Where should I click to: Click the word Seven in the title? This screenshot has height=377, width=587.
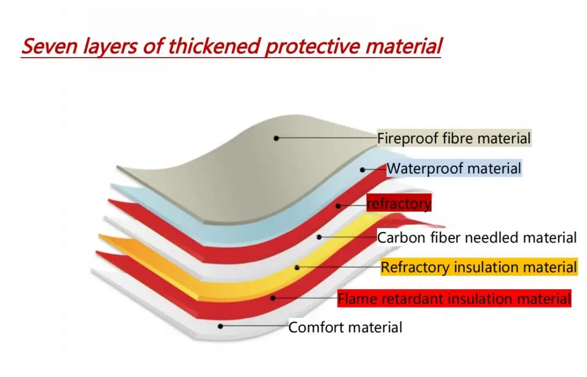[x=50, y=46]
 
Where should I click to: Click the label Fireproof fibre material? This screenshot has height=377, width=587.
[x=454, y=138]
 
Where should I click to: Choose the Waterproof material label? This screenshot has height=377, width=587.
[x=454, y=169]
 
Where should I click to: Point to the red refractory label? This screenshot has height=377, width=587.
[x=399, y=203]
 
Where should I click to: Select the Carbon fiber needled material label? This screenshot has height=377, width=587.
[x=477, y=238]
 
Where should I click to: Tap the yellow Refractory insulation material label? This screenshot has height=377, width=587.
[x=479, y=267]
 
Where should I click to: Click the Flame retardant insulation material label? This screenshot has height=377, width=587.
[x=454, y=298]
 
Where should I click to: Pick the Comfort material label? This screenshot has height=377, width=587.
[x=345, y=327]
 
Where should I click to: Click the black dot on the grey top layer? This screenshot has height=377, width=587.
[x=276, y=138]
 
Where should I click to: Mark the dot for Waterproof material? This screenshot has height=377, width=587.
[x=362, y=170]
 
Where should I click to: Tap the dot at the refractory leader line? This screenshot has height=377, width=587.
[x=338, y=206]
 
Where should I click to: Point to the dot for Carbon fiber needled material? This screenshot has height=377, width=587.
[x=319, y=237]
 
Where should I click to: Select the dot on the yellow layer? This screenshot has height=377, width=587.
[x=297, y=268]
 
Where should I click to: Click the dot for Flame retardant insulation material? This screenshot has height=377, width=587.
[x=273, y=298]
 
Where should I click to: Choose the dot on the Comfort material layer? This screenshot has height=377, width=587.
[x=220, y=326]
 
